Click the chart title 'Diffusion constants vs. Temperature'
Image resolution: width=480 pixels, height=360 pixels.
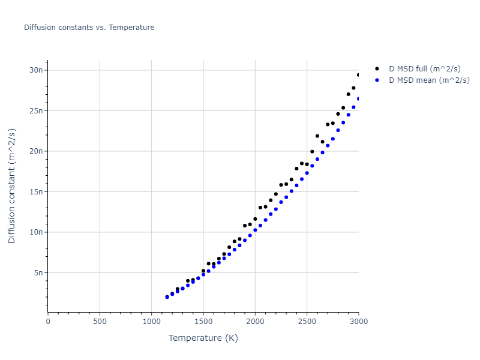(89, 28)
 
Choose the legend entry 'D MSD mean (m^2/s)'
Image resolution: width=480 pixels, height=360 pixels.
(429, 80)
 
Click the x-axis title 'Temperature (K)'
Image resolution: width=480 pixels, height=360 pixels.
(203, 338)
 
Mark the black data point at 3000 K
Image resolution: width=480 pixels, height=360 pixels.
(359, 75)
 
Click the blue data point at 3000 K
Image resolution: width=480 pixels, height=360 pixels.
(359, 99)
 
